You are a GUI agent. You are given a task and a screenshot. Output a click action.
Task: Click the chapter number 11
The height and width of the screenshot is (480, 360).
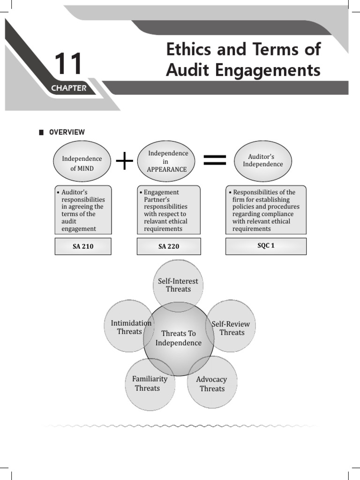[x=68, y=64]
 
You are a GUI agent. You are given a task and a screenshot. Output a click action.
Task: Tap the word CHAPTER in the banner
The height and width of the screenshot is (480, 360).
[x=69, y=88]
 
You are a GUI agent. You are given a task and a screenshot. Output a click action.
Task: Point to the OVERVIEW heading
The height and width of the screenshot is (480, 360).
[x=67, y=132]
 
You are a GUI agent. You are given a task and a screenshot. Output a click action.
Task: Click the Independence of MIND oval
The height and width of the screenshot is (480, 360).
[x=82, y=163]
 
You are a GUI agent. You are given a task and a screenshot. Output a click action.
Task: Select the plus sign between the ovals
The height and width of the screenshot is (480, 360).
[x=124, y=161]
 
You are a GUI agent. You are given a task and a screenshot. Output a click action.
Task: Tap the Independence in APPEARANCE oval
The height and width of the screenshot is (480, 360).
[x=167, y=161]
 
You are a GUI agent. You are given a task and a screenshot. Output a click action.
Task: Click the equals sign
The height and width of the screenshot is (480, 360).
[x=215, y=160]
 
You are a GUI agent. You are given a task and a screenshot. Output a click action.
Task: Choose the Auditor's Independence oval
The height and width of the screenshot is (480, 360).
[x=262, y=161]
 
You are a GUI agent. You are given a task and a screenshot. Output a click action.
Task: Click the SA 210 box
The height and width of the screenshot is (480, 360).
[x=83, y=246]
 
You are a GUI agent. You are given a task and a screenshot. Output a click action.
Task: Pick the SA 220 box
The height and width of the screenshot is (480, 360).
[x=169, y=246]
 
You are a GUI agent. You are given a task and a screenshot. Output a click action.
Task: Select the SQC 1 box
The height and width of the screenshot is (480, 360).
[x=266, y=246]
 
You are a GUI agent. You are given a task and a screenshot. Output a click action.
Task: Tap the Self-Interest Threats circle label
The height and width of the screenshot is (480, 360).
[x=178, y=285]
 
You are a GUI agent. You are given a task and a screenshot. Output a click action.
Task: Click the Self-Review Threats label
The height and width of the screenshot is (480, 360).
[x=231, y=328]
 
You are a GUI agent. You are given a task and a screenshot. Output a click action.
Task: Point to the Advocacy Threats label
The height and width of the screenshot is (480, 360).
[x=211, y=384]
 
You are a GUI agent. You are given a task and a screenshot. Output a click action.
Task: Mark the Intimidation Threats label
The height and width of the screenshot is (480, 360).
[x=130, y=327]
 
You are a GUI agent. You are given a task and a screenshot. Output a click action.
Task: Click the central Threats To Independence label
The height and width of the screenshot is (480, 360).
[x=178, y=338]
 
